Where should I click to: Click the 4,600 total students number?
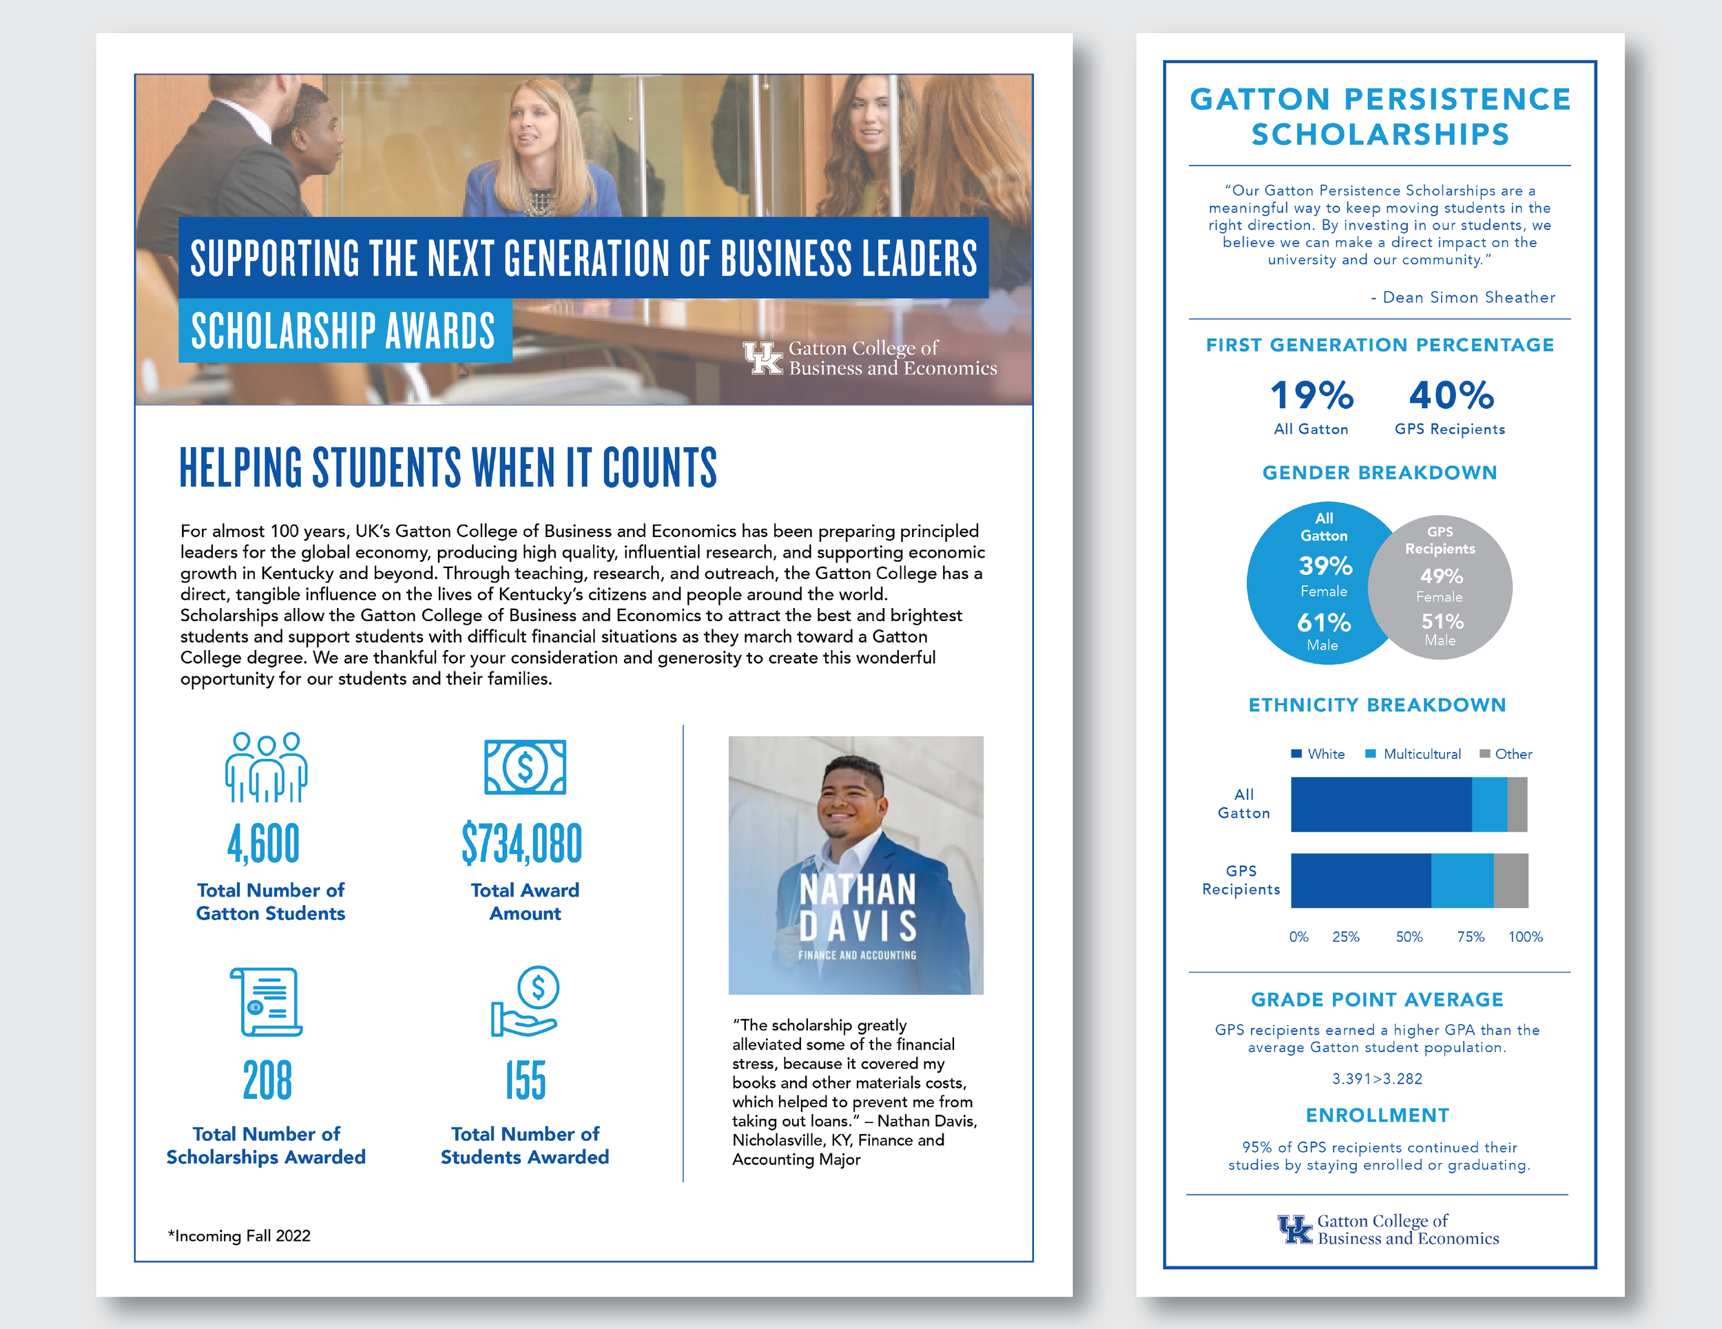tap(263, 844)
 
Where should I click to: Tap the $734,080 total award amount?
tap(522, 844)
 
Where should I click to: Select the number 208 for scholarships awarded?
tap(267, 1080)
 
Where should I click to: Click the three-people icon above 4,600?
tap(266, 767)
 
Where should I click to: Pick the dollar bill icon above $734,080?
tap(525, 767)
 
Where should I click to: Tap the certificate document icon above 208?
tap(267, 1002)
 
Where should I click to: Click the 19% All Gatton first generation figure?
tap(1311, 396)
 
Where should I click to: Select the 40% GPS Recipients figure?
tap(1451, 396)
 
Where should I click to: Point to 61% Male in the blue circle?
tap(1324, 622)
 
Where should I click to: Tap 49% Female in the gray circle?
tap(1441, 576)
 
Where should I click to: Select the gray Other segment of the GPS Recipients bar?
tap(1511, 881)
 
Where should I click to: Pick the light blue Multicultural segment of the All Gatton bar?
tap(1489, 805)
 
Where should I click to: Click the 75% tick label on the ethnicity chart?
tap(1471, 937)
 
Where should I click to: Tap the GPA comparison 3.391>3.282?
tap(1378, 1079)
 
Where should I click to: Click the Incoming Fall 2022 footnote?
tap(240, 1236)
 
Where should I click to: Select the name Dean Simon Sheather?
tap(1469, 297)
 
